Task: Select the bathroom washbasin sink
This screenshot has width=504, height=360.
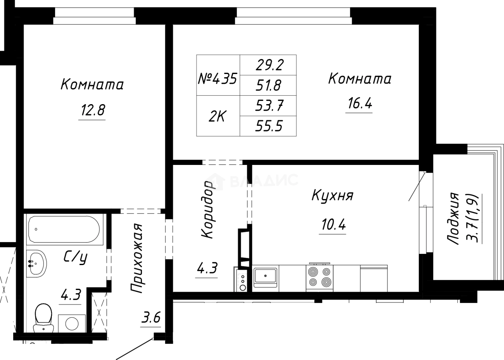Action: (36, 263)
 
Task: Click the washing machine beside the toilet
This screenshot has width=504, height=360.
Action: (72, 323)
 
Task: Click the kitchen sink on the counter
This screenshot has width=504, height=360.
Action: (266, 276)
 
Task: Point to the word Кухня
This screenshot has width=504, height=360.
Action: (332, 196)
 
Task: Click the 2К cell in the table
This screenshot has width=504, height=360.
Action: (217, 116)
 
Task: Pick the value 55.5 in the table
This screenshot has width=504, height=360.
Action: (268, 127)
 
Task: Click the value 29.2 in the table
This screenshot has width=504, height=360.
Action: (268, 64)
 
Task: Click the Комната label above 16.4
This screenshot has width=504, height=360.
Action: (360, 79)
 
